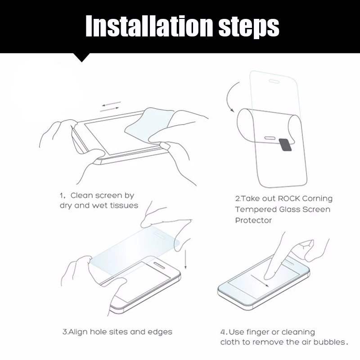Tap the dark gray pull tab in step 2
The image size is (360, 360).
pos(285,145)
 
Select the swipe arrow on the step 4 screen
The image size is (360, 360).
pos(260,281)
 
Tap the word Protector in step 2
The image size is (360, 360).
pos(253,220)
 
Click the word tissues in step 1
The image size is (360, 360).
pos(124,205)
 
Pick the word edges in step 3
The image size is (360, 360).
pos(160,332)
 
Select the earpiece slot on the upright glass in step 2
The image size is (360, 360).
pos(274,81)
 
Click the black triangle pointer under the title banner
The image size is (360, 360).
pos(81,58)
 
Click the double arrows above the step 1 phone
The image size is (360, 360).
pos(110,107)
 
